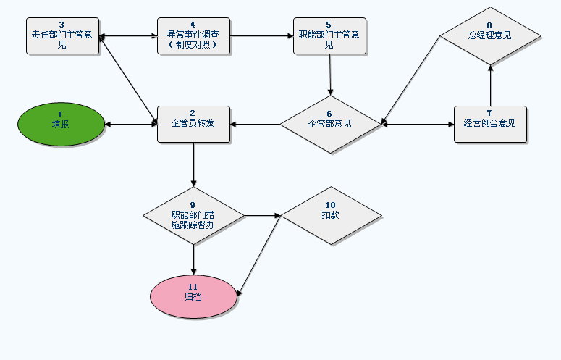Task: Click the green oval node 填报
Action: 61,124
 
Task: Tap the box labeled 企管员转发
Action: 193,124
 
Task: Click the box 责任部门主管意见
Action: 62,35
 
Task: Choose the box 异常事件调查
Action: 193,35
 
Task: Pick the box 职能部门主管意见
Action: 329,35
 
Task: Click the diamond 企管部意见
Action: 330,124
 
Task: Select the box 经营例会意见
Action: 490,124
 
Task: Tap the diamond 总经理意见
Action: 490,35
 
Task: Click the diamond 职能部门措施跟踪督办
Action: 193,215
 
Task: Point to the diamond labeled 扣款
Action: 330,215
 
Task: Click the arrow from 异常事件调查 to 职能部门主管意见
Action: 261,35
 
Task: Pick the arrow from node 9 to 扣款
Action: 261,215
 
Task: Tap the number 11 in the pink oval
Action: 193,287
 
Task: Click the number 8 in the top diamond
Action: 490,25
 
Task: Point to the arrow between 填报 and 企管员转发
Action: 131,124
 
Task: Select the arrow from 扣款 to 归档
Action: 259,254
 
